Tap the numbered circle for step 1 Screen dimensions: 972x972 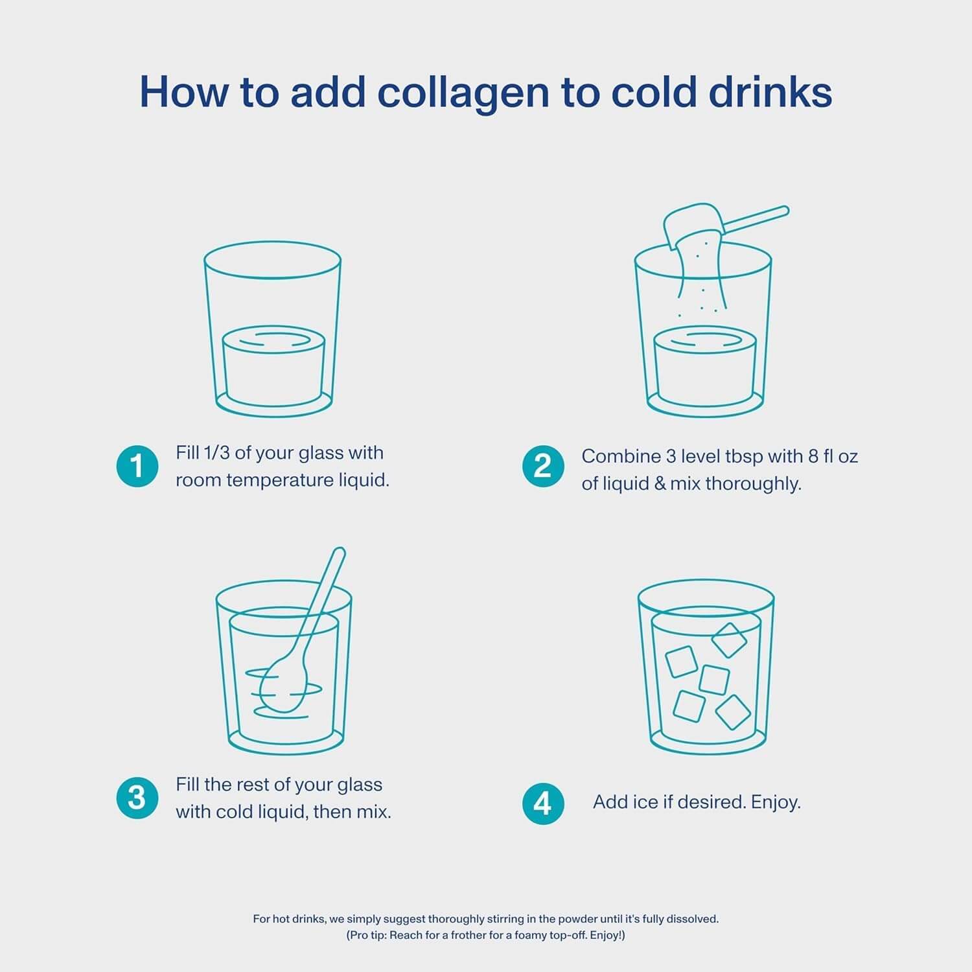pos(137,466)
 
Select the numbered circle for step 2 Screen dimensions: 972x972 pos(543,466)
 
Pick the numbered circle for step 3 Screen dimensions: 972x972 pos(137,798)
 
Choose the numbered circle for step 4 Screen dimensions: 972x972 pos(543,804)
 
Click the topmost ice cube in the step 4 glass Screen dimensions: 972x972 pos(729,640)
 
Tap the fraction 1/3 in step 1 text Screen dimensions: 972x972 pos(216,452)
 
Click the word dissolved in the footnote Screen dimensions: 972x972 pos(695,919)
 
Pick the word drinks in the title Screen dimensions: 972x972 pos(770,92)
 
